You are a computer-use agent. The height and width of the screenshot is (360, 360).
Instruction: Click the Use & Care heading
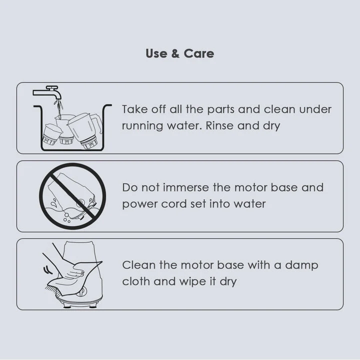pos(179,53)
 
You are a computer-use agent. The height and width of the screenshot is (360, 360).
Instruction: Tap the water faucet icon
pos(48,93)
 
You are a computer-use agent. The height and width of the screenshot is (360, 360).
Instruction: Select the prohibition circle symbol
pos(72,196)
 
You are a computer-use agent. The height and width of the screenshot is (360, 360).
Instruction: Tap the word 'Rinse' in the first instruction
pos(219,125)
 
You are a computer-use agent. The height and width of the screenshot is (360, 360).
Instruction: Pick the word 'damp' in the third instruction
pos(301,265)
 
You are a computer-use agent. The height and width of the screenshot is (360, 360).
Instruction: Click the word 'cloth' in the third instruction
pos(136,281)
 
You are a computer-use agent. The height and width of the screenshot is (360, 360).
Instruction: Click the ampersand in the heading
pos(175,53)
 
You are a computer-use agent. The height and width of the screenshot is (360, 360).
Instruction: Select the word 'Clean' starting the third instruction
pos(138,265)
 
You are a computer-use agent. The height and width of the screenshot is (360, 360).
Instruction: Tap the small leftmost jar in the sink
pos(51,134)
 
